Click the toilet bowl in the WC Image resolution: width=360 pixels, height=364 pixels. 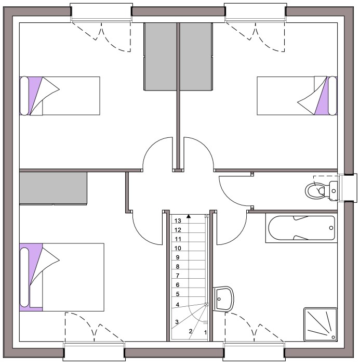click(x=315, y=191)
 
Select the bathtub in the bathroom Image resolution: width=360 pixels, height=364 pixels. click(x=301, y=228)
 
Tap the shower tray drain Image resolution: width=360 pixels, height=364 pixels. click(x=334, y=337)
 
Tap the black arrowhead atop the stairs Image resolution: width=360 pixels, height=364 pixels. click(x=189, y=216)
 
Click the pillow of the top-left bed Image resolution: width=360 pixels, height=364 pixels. click(x=24, y=96)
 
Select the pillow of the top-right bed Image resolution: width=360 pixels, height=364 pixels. click(x=332, y=96)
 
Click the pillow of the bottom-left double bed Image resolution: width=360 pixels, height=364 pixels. click(x=24, y=277)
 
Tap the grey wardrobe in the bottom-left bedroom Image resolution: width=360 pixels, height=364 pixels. click(x=53, y=188)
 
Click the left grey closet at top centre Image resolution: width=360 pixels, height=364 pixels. click(x=161, y=56)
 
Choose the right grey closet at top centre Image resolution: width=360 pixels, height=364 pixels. click(x=196, y=56)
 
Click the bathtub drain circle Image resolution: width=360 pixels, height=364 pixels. click(x=331, y=228)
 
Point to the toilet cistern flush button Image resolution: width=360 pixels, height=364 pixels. click(x=334, y=191)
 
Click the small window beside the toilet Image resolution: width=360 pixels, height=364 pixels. click(x=348, y=188)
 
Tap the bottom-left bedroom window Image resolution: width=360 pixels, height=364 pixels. click(x=94, y=351)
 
